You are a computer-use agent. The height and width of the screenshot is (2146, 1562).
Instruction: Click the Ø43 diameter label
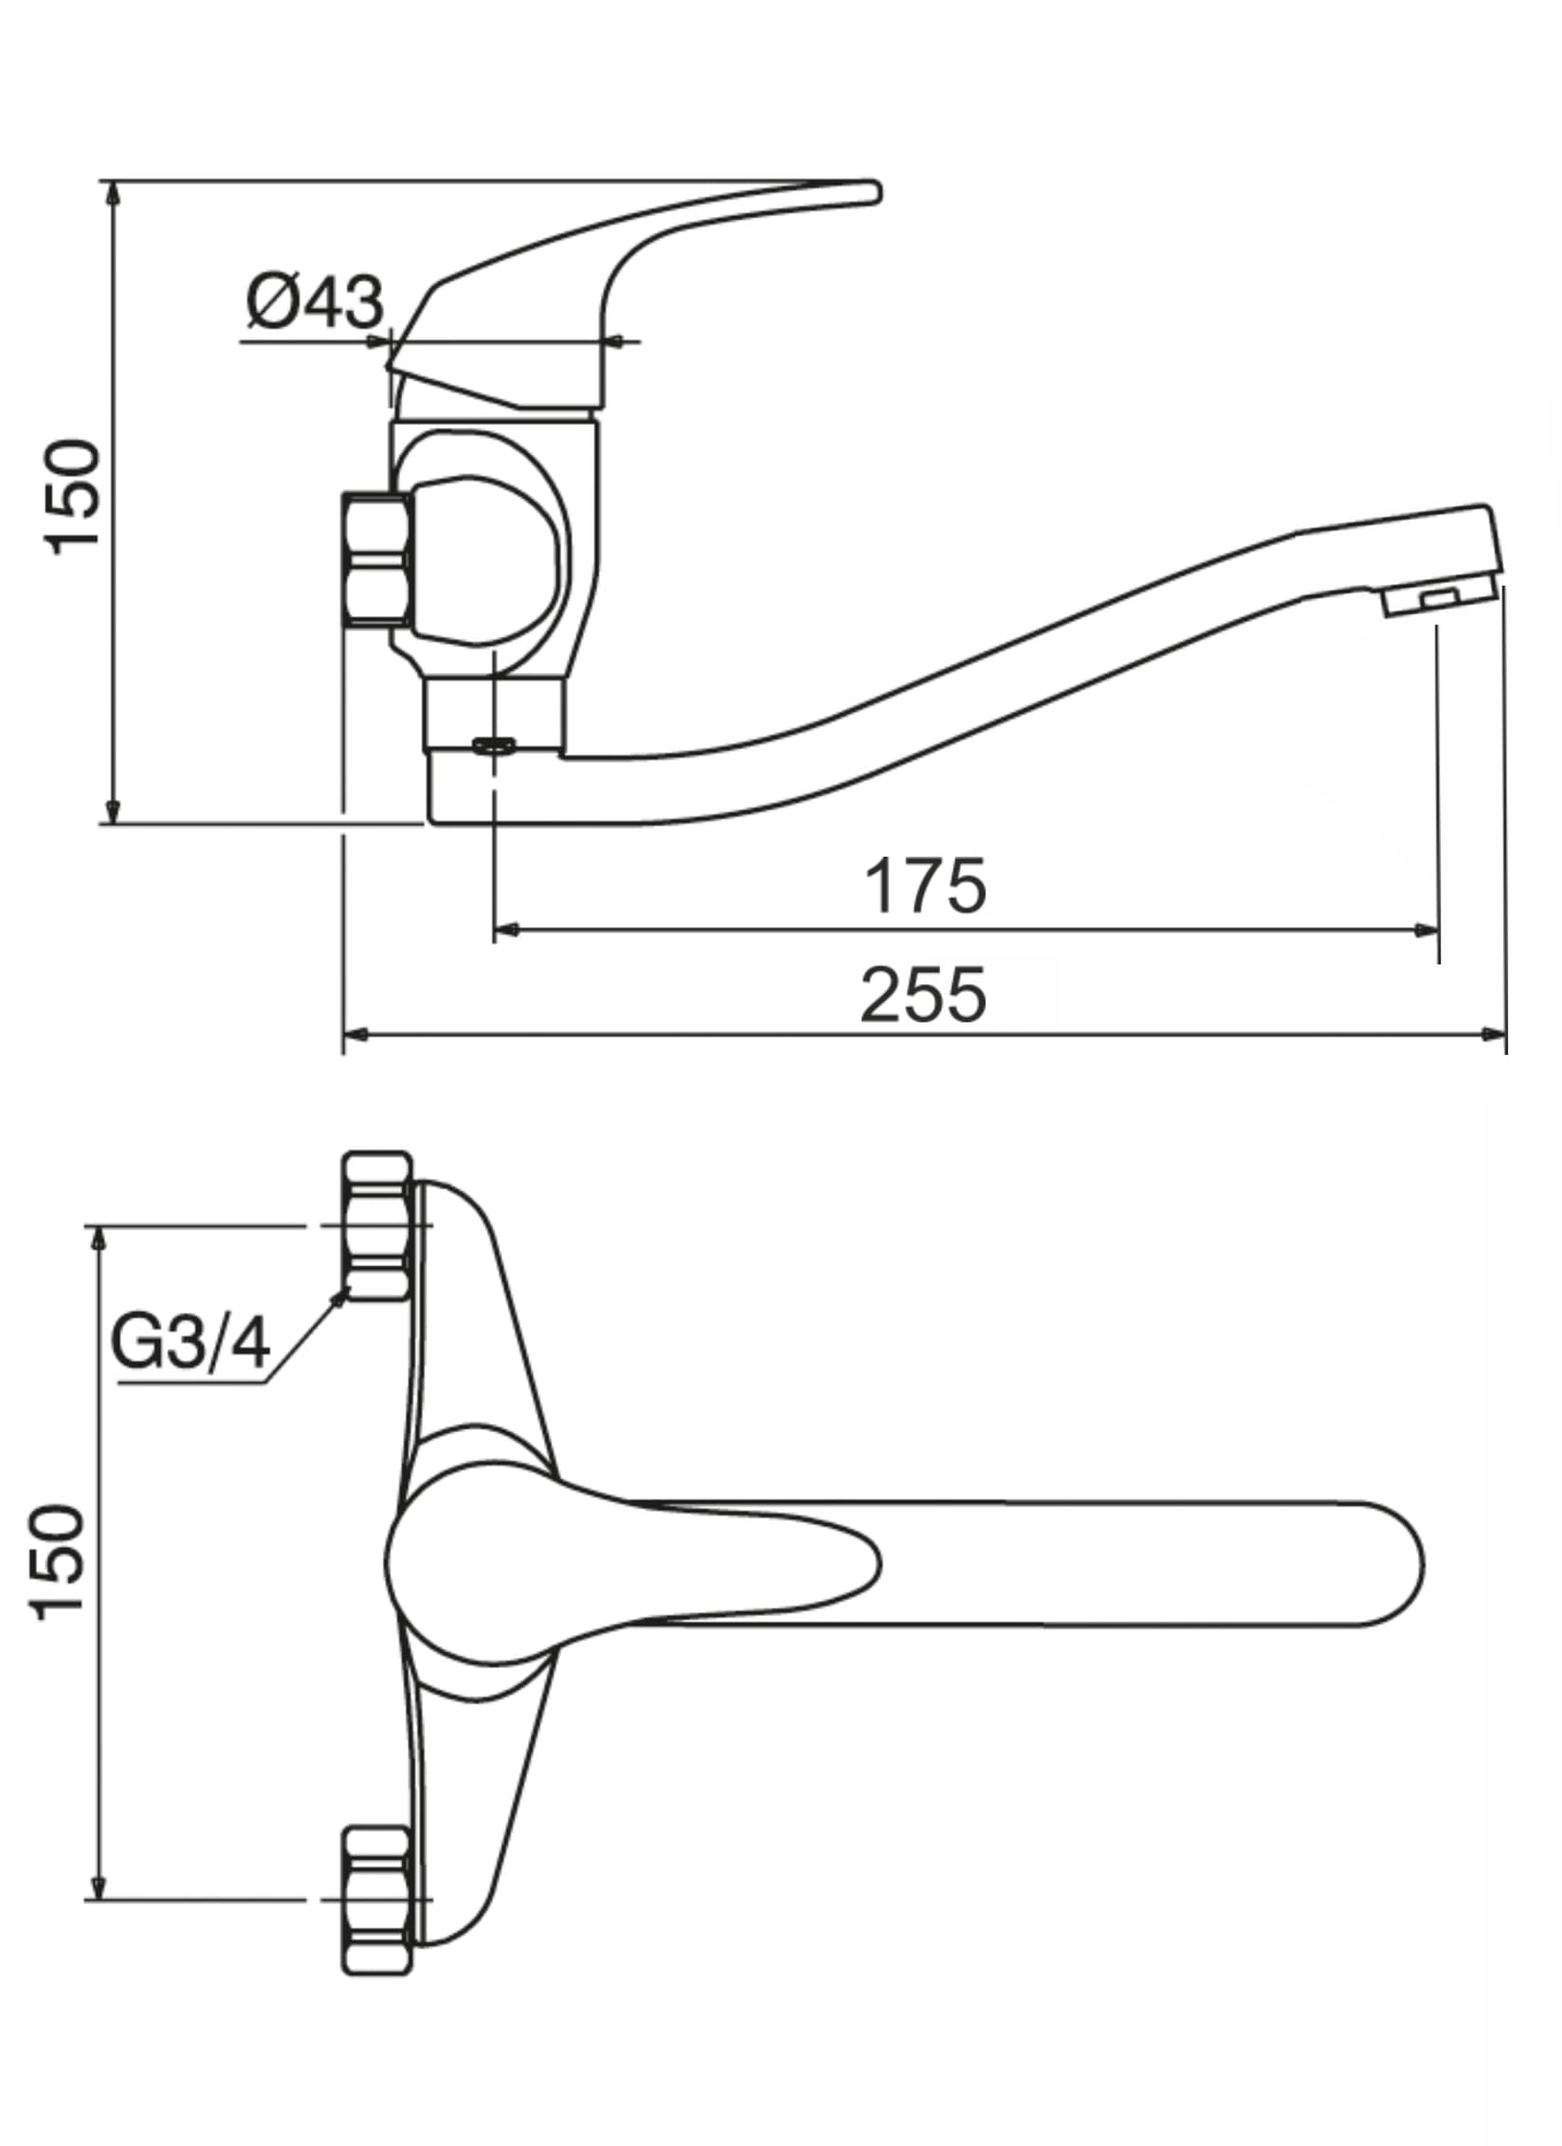[x=316, y=302]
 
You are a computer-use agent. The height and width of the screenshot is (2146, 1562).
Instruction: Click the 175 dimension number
[x=925, y=887]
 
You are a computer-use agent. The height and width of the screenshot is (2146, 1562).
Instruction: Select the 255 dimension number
[x=923, y=995]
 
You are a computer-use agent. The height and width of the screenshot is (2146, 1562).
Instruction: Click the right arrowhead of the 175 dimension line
[x=1427, y=930]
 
